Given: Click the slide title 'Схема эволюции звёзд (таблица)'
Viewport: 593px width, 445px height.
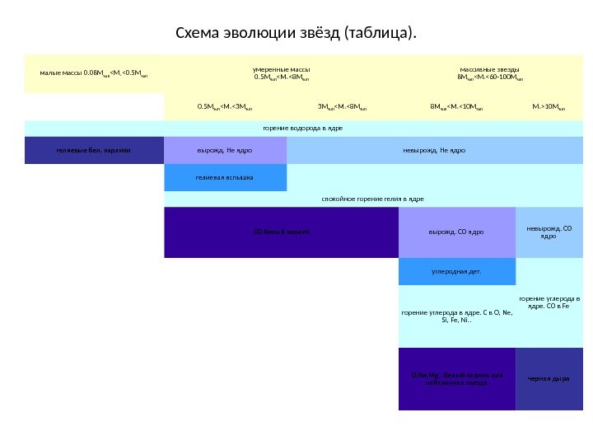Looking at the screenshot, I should [x=296, y=34].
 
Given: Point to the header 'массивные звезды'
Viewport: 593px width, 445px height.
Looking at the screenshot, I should [x=490, y=74].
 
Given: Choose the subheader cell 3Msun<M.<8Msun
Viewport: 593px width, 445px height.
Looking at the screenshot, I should [x=342, y=106].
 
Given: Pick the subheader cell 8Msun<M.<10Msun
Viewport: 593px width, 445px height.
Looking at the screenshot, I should [x=456, y=106].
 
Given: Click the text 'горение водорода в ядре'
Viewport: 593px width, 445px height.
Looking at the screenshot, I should [x=302, y=129].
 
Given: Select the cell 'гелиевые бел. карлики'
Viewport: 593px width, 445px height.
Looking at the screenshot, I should [x=94, y=151].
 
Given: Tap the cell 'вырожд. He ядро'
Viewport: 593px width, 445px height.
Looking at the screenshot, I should [x=225, y=151].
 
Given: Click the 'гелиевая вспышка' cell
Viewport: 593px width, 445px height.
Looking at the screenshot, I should [x=225, y=177].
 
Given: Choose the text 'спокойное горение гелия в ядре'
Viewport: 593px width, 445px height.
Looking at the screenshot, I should [x=371, y=199].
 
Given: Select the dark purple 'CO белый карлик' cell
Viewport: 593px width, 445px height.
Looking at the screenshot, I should [x=281, y=232].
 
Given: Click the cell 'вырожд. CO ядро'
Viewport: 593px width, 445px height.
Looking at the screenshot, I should [x=456, y=232].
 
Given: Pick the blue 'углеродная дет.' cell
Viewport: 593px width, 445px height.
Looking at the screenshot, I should [x=456, y=270].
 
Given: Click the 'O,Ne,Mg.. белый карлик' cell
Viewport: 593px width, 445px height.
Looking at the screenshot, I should [x=456, y=379].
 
